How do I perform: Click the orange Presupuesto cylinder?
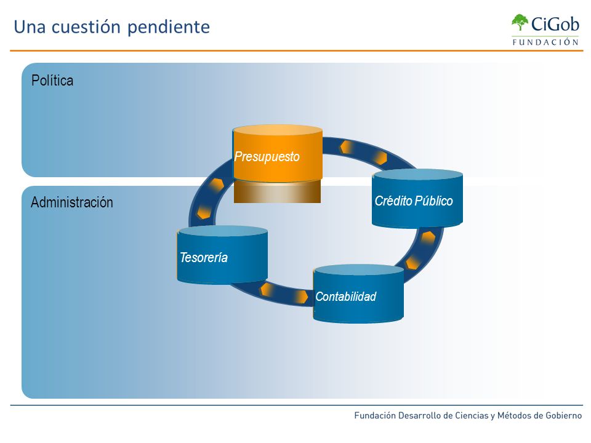[278, 153]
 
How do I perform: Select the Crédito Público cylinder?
[417, 199]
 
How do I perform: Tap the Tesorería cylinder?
[222, 255]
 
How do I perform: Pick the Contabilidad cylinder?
[358, 294]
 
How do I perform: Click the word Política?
[52, 80]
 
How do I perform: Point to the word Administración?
[72, 202]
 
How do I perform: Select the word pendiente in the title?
[169, 28]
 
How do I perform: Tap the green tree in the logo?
[520, 22]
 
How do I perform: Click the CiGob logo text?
[555, 24]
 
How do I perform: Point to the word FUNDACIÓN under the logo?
[545, 42]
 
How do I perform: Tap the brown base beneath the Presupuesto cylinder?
[278, 192]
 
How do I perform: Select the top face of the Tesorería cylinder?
[222, 231]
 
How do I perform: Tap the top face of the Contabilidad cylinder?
[358, 269]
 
